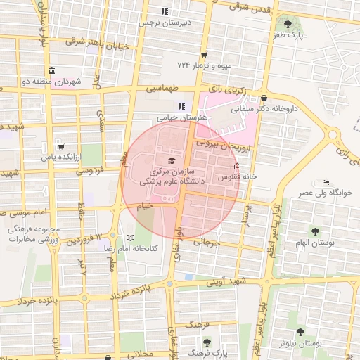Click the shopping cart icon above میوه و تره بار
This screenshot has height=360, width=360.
[204, 54]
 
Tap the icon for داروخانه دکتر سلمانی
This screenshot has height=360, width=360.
[264, 98]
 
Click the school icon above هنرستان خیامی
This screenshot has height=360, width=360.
[182, 107]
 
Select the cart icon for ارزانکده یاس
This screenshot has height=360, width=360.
[61, 146]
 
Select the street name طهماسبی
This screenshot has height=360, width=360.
[162, 90]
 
